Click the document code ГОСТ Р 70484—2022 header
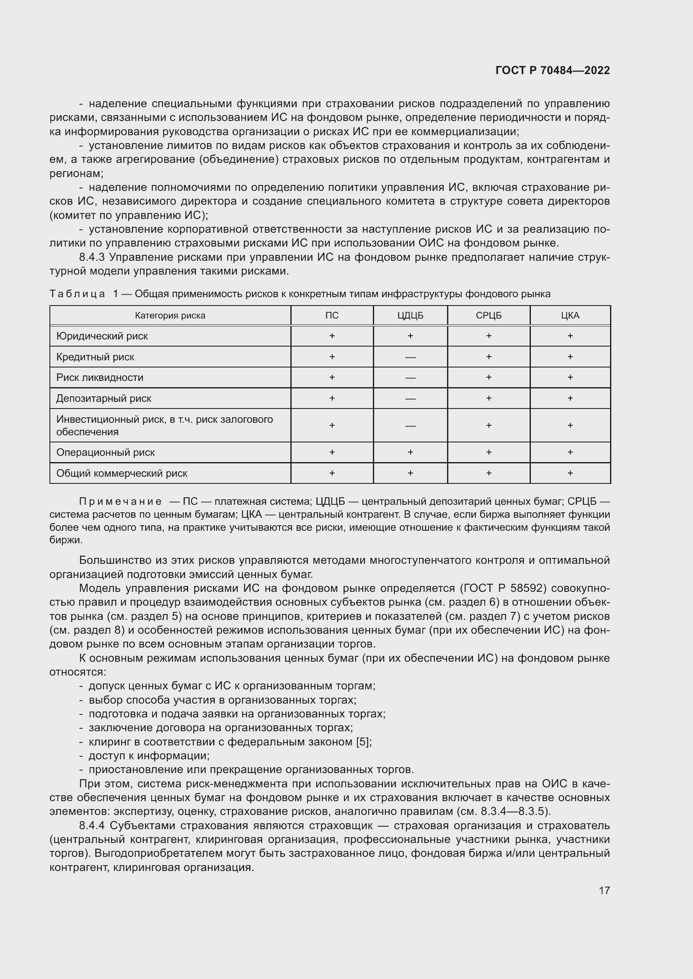[553, 70]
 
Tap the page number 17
[604, 890]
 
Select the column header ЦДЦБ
[410, 316]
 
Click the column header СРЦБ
[489, 316]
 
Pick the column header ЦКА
[570, 316]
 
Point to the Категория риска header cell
[170, 316]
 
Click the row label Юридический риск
[102, 336]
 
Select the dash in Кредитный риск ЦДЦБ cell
[410, 357]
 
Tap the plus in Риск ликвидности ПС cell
[332, 378]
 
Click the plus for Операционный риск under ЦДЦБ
[410, 452]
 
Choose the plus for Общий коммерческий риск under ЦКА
[570, 473]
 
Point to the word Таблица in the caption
[77, 294]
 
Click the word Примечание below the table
[120, 501]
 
